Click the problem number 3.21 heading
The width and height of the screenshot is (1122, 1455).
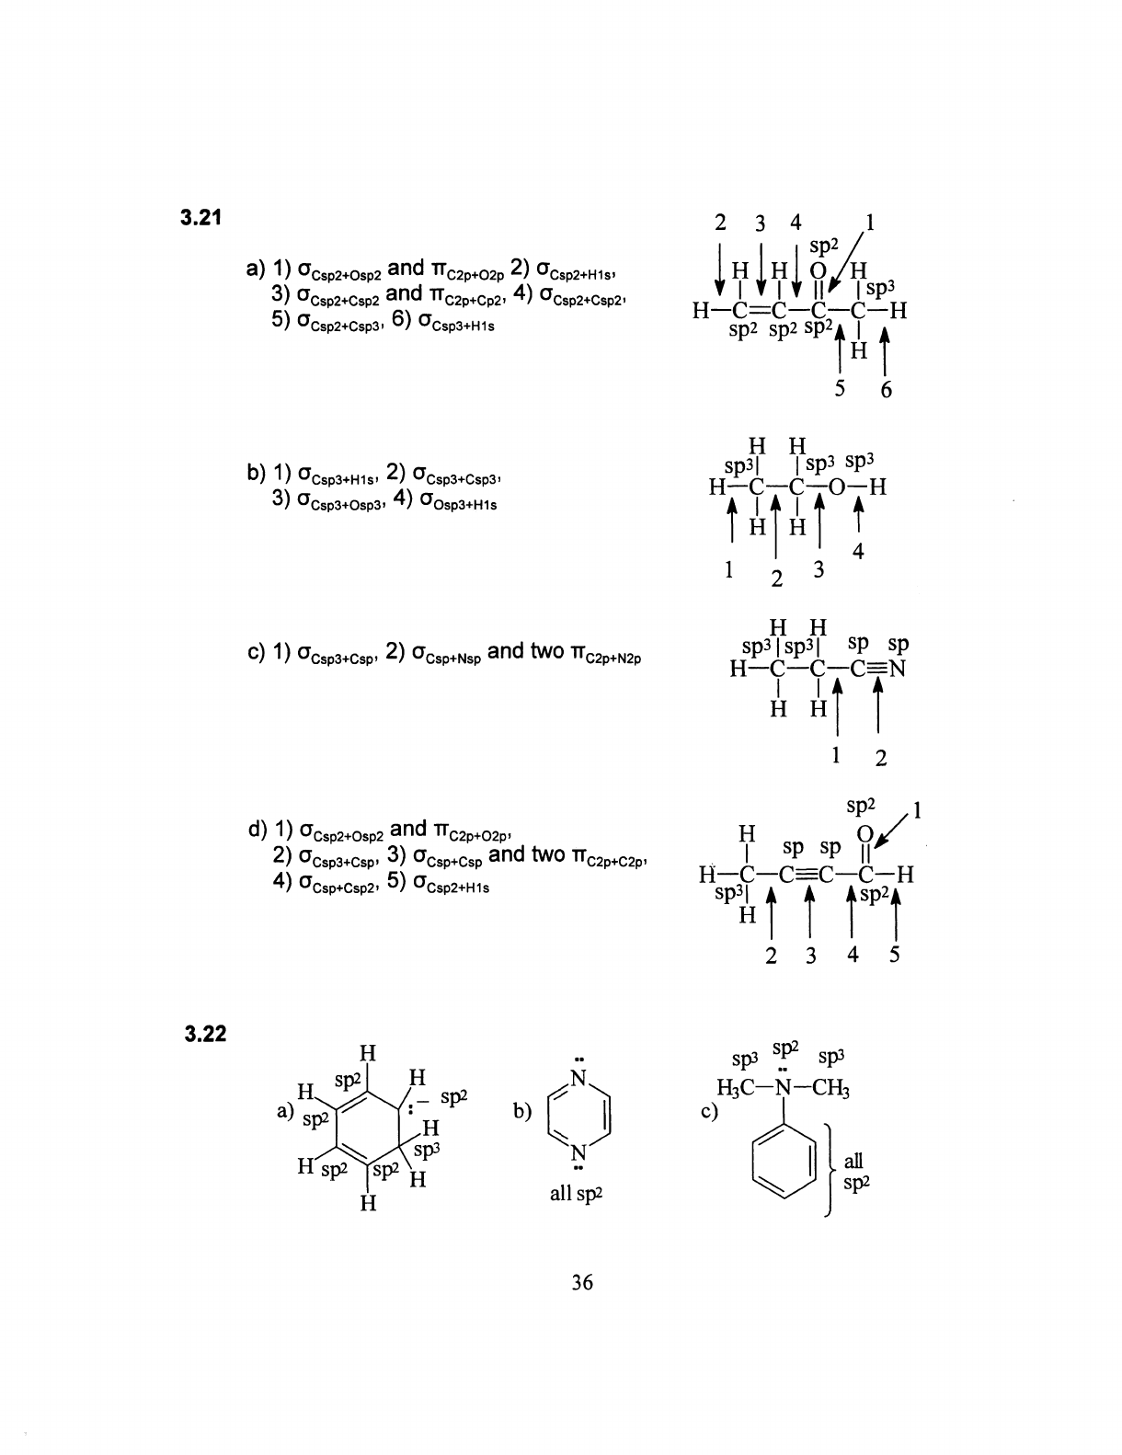(203, 218)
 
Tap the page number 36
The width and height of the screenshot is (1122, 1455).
(581, 1282)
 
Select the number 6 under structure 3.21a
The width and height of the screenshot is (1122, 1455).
(886, 390)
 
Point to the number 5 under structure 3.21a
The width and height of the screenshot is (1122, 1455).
(840, 388)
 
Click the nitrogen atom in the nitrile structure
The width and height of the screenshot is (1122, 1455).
(898, 669)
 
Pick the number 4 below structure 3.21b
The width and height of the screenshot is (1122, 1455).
(858, 552)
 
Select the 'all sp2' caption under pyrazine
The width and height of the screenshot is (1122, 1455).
(578, 1195)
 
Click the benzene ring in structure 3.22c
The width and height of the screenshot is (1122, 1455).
(784, 1161)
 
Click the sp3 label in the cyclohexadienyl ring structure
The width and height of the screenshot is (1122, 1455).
(425, 1151)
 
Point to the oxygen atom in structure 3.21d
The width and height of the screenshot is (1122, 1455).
(862, 833)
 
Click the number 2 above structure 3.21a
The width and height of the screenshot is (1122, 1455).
(721, 223)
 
